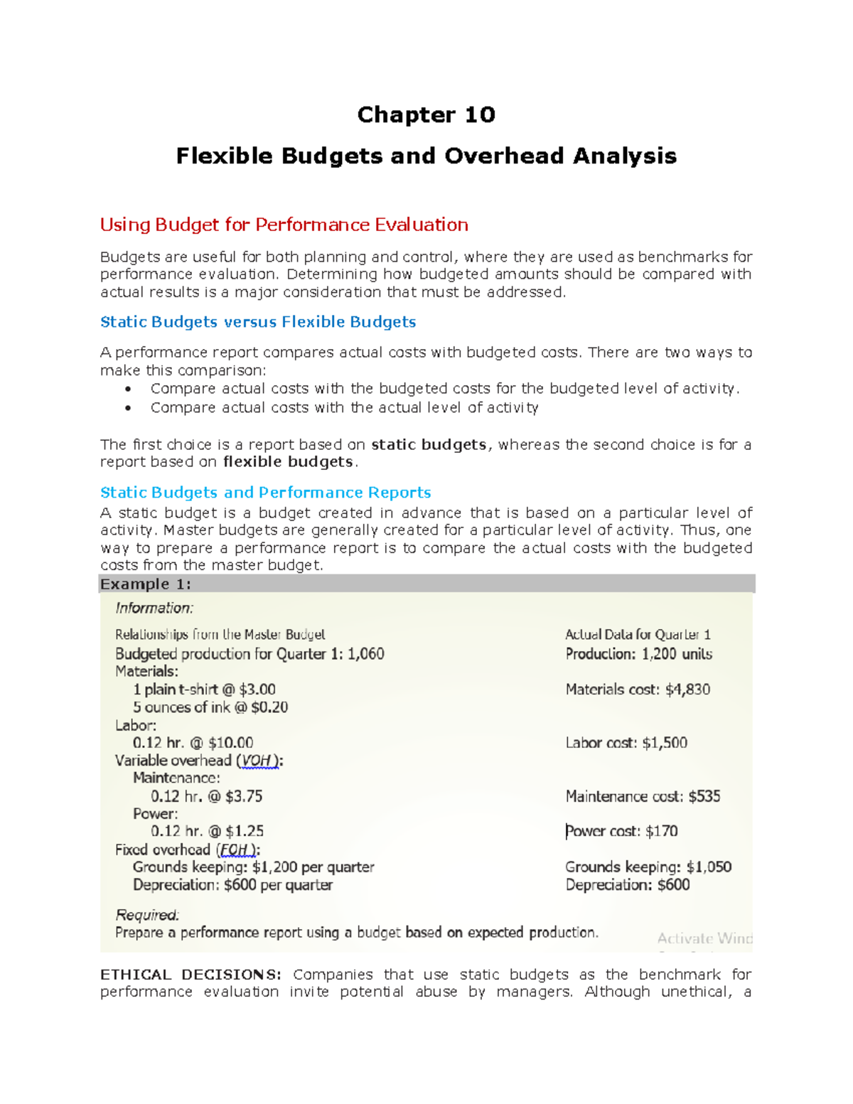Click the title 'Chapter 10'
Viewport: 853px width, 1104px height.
coord(426,114)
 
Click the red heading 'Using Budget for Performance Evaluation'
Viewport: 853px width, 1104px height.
coord(284,225)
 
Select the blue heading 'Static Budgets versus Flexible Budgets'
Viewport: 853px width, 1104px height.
coord(258,322)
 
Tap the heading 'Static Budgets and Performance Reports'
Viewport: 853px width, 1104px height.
coord(265,493)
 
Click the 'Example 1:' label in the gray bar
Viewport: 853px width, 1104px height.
coord(146,584)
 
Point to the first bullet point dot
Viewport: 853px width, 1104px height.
coord(128,390)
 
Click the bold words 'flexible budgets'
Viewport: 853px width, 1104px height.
coord(288,462)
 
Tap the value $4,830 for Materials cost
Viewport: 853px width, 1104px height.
coord(687,690)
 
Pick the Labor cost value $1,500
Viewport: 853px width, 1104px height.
coord(664,743)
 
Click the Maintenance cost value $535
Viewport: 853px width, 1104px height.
coord(704,796)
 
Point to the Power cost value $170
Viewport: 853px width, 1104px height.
coord(661,831)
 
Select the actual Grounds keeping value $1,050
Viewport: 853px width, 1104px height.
coord(709,867)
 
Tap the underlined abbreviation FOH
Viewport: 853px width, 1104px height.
coord(235,850)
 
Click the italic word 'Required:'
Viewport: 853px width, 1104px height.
coord(147,915)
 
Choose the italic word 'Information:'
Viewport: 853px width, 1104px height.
coord(154,609)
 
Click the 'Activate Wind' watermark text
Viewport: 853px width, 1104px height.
coord(704,938)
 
